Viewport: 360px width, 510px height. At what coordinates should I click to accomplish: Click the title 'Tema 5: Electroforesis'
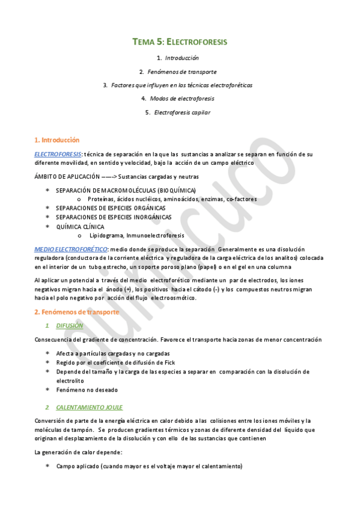point(180,42)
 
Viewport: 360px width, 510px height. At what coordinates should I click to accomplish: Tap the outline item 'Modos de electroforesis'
point(181,98)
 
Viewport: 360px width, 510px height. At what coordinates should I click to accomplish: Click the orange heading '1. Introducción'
point(57,140)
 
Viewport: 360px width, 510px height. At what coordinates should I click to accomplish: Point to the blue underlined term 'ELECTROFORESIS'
point(58,154)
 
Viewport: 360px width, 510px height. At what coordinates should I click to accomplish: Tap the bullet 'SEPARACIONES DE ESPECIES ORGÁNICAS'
point(109,208)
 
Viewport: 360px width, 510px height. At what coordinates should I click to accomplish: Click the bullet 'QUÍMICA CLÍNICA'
point(80,227)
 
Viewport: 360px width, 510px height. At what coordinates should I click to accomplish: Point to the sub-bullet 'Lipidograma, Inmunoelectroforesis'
point(136,235)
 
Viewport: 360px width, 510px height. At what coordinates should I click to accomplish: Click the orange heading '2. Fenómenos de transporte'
point(77,312)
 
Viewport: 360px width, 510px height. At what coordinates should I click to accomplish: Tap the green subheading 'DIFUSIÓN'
point(70,325)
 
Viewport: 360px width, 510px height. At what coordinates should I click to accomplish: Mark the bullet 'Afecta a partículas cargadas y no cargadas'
point(112,353)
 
